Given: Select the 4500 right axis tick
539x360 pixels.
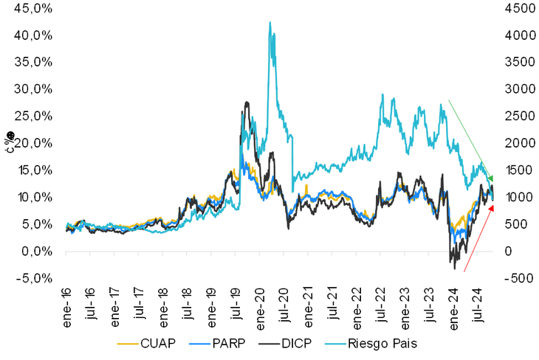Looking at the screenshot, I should tap(515, 8).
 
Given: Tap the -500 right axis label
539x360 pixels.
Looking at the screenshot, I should tap(515, 279).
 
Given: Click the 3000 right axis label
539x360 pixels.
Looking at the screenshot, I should tap(515, 89).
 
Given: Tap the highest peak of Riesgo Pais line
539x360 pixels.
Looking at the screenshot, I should tap(269, 22).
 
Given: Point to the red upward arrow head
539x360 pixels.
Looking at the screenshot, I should tap(492, 207).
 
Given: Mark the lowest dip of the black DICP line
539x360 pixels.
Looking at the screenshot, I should tap(456, 269).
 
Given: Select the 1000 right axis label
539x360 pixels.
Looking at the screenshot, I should tap(515, 198).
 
